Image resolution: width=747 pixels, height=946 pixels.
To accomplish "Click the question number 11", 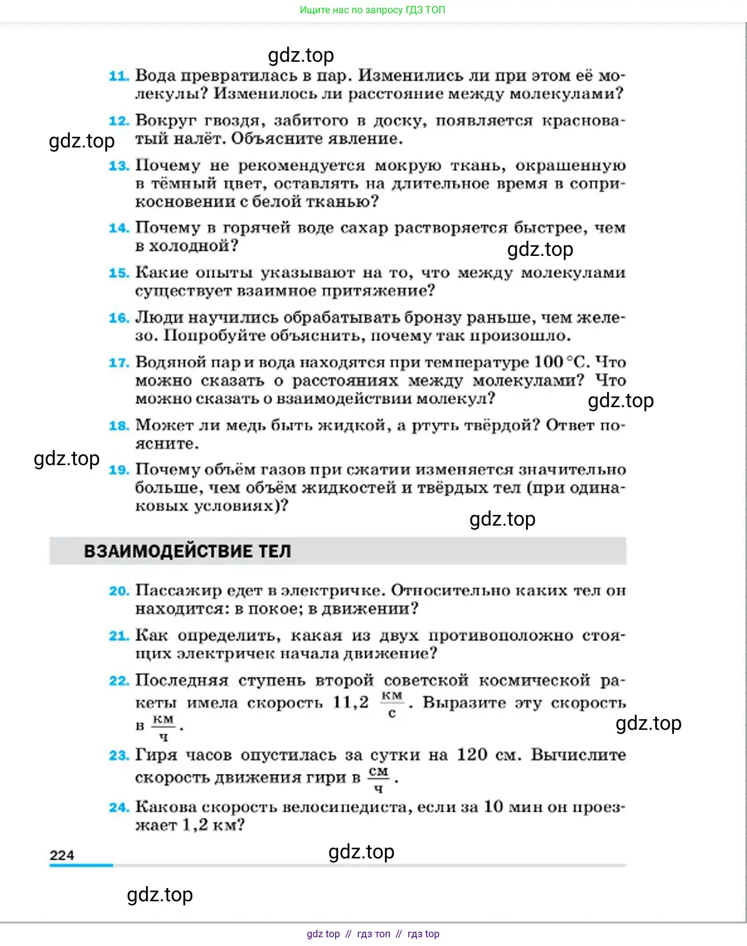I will [118, 76].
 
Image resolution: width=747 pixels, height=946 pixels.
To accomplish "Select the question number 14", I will [118, 228].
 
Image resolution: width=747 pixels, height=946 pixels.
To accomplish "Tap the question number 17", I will [118, 363].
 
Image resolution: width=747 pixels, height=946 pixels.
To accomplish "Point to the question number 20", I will [118, 591].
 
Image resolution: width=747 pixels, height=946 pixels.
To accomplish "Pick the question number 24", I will [118, 807].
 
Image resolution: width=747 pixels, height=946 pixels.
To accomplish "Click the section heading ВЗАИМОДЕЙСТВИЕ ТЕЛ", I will [188, 551].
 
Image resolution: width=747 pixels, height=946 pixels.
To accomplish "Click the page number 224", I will [62, 855].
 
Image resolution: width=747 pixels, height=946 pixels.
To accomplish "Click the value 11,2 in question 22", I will [350, 702].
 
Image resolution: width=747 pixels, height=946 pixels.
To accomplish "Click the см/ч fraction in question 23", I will [379, 780].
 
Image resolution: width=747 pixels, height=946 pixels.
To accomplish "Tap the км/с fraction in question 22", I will [392, 704].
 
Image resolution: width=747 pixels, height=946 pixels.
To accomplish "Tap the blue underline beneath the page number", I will [81, 866].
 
